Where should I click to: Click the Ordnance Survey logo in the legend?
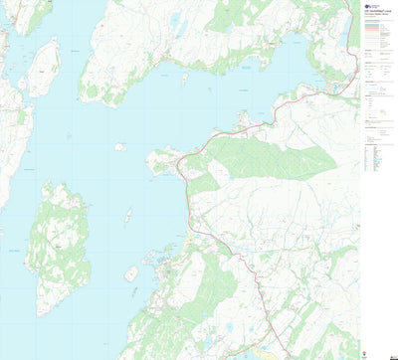369,6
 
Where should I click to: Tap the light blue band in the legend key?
376,29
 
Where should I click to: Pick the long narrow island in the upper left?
42,67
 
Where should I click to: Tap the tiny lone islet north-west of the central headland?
118,147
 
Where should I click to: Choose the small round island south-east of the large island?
130,273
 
